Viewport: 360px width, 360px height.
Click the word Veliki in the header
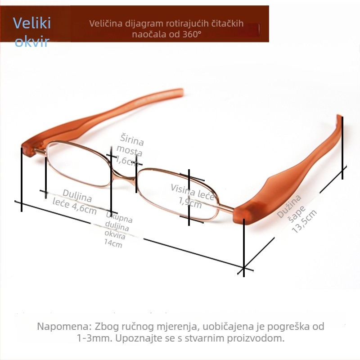pos(31,23)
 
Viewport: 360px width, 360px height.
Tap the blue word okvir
pos(32,41)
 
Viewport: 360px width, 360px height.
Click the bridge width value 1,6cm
pos(127,161)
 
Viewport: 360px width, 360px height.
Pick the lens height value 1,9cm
pos(190,202)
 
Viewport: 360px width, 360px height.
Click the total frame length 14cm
pos(113,243)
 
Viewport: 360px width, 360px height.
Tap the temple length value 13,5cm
pos(304,221)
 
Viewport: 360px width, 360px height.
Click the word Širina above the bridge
pos(132,139)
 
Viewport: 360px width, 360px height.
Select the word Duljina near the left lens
pos(77,196)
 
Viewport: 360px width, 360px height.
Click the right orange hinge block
pos(246,213)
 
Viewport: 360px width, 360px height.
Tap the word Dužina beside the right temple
pos(289,206)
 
